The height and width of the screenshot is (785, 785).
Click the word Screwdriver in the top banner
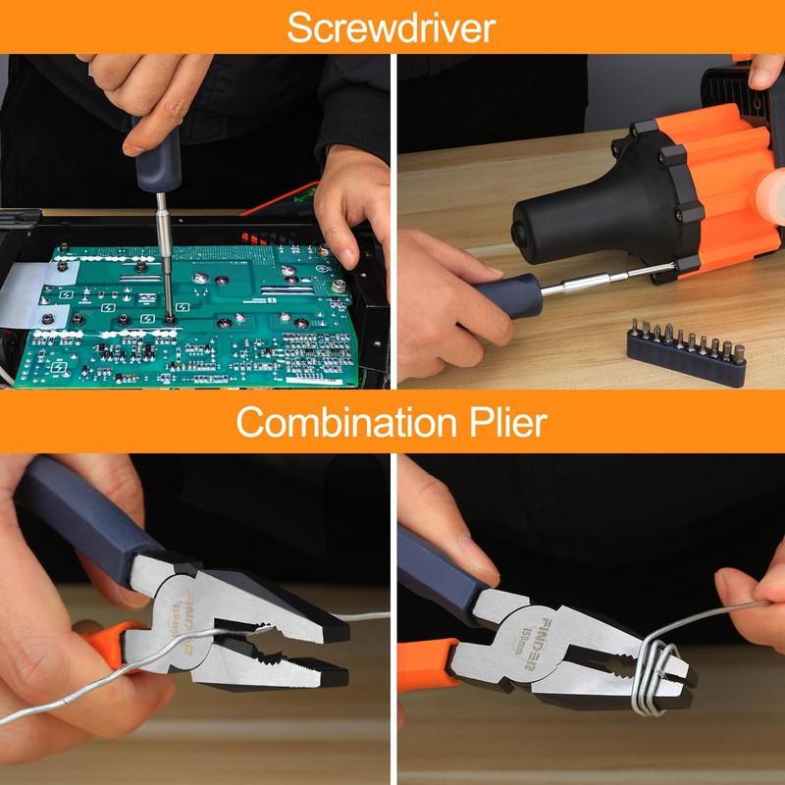(391, 28)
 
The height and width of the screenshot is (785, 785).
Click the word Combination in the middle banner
(346, 422)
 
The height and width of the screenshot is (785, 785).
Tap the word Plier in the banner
(507, 422)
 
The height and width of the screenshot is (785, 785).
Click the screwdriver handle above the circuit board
(157, 154)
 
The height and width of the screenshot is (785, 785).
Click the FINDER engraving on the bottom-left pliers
(188, 621)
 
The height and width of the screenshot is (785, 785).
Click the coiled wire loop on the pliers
(651, 676)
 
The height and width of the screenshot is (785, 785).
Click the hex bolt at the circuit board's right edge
(338, 287)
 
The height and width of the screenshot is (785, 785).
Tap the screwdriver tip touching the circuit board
(169, 318)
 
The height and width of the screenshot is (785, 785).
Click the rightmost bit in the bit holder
(739, 353)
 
